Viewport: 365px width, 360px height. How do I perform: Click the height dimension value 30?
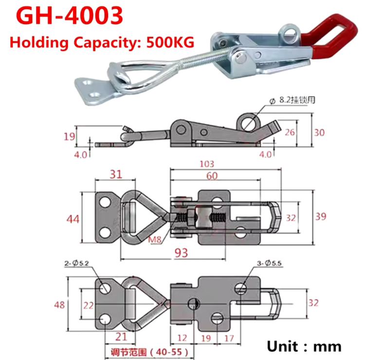pyautogui.click(x=319, y=132)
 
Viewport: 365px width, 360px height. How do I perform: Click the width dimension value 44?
pyautogui.click(x=73, y=220)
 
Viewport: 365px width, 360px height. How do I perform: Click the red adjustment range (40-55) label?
pyautogui.click(x=146, y=352)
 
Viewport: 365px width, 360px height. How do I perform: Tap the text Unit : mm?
pyautogui.click(x=304, y=346)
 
